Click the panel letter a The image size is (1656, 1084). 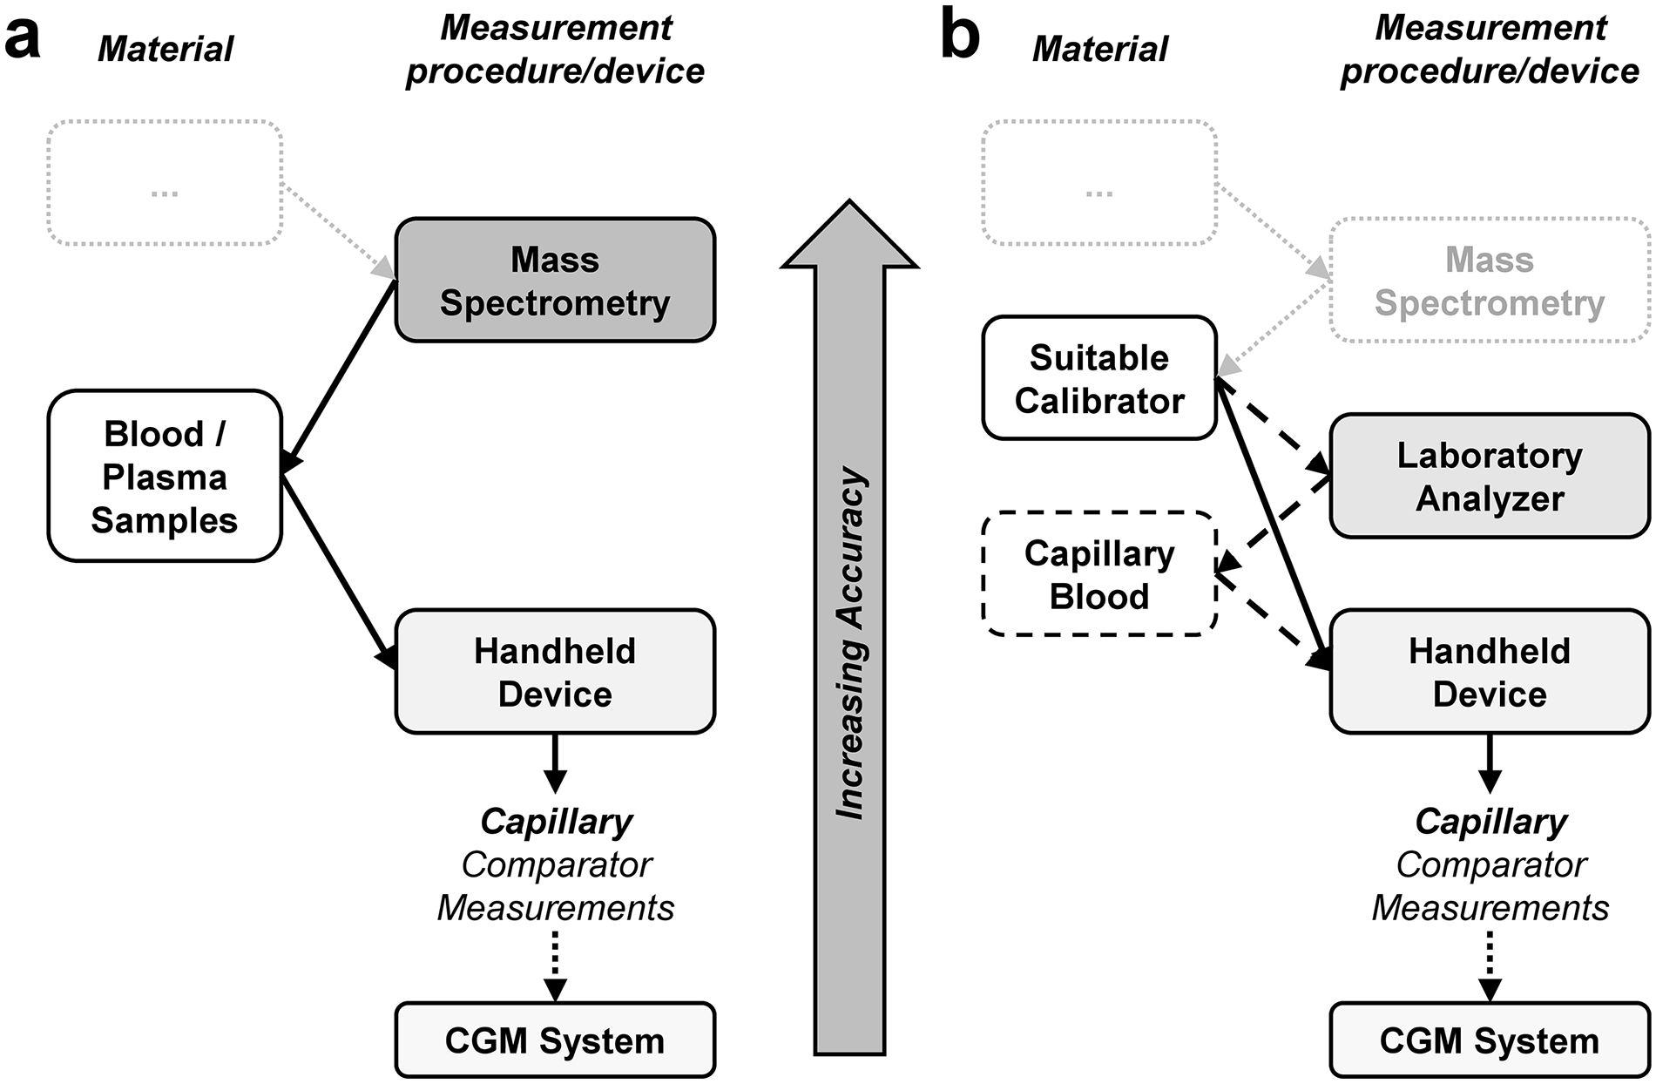[23, 37]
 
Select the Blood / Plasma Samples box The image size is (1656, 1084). [165, 476]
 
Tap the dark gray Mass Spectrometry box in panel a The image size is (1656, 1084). [555, 280]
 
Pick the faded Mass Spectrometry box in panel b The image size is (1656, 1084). [1490, 280]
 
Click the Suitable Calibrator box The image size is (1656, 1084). [1099, 378]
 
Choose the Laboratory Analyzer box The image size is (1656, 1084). [1490, 476]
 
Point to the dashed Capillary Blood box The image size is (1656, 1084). [1099, 573]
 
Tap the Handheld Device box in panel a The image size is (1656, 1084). [555, 671]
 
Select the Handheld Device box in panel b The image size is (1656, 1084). [1490, 671]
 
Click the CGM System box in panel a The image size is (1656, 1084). [555, 1040]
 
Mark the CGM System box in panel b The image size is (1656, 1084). [1490, 1040]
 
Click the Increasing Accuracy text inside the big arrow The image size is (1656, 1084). [850, 644]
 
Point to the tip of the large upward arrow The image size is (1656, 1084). [849, 200]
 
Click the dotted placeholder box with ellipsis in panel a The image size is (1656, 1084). [165, 182]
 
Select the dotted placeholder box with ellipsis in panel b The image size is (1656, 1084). [1099, 182]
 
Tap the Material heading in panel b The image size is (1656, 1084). [1099, 49]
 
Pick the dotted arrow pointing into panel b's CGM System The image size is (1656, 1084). [1490, 966]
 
